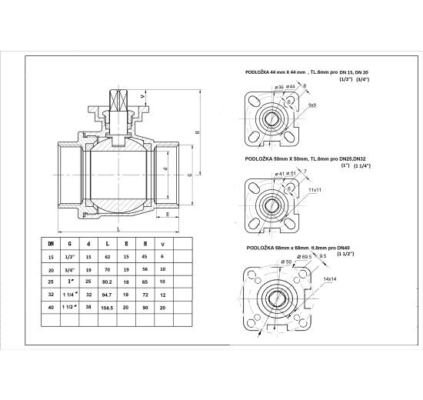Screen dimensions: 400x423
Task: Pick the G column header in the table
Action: click(70, 245)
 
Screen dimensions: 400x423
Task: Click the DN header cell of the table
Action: click(52, 245)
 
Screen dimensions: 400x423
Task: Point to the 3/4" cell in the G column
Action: click(70, 271)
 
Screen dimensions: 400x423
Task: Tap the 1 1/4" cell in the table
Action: click(70, 295)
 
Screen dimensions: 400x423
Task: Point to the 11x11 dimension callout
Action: click(315, 188)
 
